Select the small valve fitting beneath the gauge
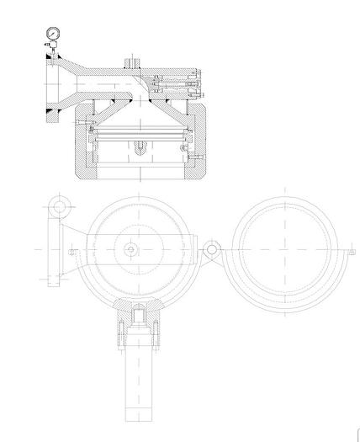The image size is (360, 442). click(x=52, y=50)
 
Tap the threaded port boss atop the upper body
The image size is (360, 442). click(x=132, y=62)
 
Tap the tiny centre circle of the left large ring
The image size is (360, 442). click(x=132, y=249)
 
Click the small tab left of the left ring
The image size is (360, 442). click(x=75, y=252)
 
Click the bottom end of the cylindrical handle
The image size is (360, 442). click(x=137, y=418)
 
